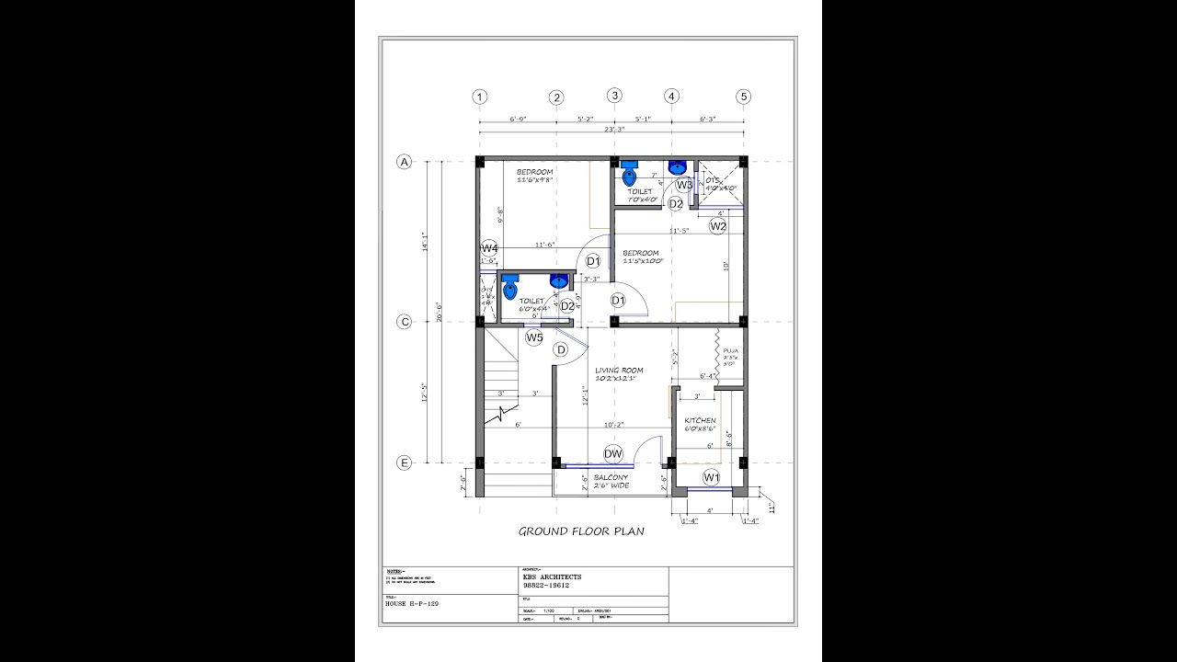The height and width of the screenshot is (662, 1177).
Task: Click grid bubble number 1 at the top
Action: [479, 97]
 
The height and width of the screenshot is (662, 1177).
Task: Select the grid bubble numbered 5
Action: [744, 97]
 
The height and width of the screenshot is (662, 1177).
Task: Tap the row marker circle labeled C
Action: [404, 322]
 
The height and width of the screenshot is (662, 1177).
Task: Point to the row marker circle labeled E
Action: [404, 462]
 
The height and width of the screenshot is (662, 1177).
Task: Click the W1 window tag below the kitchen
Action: [711, 477]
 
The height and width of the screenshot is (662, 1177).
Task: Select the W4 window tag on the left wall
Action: [489, 248]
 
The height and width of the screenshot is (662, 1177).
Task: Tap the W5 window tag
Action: [534, 337]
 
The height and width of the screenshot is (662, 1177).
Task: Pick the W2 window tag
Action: [718, 225]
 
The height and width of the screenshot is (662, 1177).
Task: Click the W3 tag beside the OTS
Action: [684, 185]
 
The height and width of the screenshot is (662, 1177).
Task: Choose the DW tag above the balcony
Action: [613, 453]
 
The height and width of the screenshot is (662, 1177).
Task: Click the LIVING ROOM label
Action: [619, 371]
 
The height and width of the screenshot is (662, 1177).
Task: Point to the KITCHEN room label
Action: [700, 420]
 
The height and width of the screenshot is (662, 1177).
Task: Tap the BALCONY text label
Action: [611, 477]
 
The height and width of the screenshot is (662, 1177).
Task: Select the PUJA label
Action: [731, 350]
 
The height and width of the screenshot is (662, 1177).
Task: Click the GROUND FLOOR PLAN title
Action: [581, 531]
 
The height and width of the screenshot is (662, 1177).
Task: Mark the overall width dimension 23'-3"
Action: [613, 130]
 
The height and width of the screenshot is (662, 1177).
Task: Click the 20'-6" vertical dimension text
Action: [440, 313]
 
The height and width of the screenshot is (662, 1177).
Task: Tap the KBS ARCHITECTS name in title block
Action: [552, 576]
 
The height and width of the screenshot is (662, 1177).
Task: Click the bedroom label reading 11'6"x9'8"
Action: [535, 180]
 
